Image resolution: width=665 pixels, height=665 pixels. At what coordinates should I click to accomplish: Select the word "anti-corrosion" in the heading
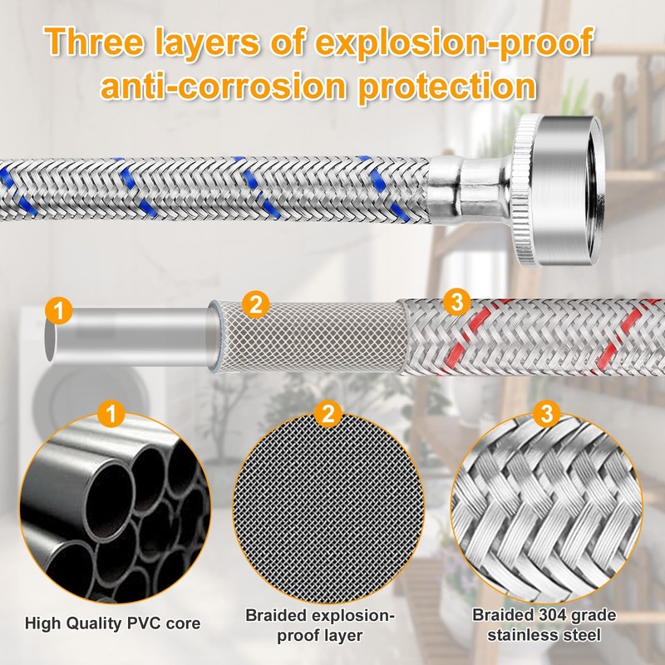click(x=224, y=86)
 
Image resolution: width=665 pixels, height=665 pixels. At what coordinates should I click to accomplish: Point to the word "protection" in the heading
click(x=447, y=88)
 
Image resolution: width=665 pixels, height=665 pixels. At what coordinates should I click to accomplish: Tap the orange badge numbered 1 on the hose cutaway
click(x=58, y=310)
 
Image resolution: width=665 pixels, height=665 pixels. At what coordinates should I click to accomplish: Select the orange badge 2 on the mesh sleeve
click(x=256, y=304)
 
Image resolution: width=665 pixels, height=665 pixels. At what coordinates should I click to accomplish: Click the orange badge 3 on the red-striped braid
click(x=456, y=302)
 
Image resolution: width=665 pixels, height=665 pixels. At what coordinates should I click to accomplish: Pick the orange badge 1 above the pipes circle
click(x=111, y=413)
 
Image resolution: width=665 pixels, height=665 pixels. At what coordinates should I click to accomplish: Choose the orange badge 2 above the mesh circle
click(x=328, y=413)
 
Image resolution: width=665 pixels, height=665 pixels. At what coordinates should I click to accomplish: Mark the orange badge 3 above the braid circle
click(x=547, y=413)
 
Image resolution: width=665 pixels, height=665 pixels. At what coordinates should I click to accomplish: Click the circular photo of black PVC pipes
click(x=115, y=508)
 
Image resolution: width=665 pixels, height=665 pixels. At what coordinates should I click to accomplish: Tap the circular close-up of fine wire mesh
click(x=328, y=508)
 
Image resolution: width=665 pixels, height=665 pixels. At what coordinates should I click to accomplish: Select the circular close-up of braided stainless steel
click(x=546, y=508)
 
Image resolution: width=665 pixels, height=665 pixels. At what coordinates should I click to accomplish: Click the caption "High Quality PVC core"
click(x=112, y=623)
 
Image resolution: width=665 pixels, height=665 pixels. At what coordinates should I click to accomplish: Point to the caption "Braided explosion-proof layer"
click(x=320, y=626)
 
